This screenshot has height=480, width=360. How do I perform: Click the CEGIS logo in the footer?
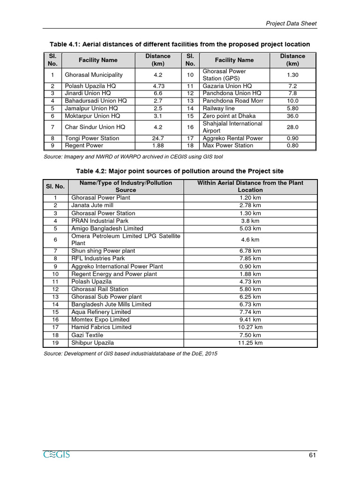[x=56, y=455]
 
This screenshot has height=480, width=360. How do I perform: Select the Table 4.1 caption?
[x=180, y=44]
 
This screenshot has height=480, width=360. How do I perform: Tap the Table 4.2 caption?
[x=180, y=171]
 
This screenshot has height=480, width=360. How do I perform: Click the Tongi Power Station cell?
[x=92, y=138]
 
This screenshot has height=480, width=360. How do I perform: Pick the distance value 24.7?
[x=158, y=138]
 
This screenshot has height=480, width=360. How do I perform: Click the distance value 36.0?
[x=292, y=116]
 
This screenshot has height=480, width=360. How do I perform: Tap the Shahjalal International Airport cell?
[x=232, y=127]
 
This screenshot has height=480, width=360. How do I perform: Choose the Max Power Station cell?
[x=228, y=145]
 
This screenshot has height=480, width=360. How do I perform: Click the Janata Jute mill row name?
[x=92, y=205]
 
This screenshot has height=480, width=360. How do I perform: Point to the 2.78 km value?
[x=250, y=205]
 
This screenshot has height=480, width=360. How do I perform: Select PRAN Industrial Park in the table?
[x=100, y=221]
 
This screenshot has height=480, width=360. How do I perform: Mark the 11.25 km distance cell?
[x=250, y=343]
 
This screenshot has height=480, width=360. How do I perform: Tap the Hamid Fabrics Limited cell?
[x=101, y=327]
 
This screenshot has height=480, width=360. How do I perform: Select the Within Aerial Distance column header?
[x=250, y=186]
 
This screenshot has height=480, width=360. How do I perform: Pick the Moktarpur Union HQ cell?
[x=92, y=116]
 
